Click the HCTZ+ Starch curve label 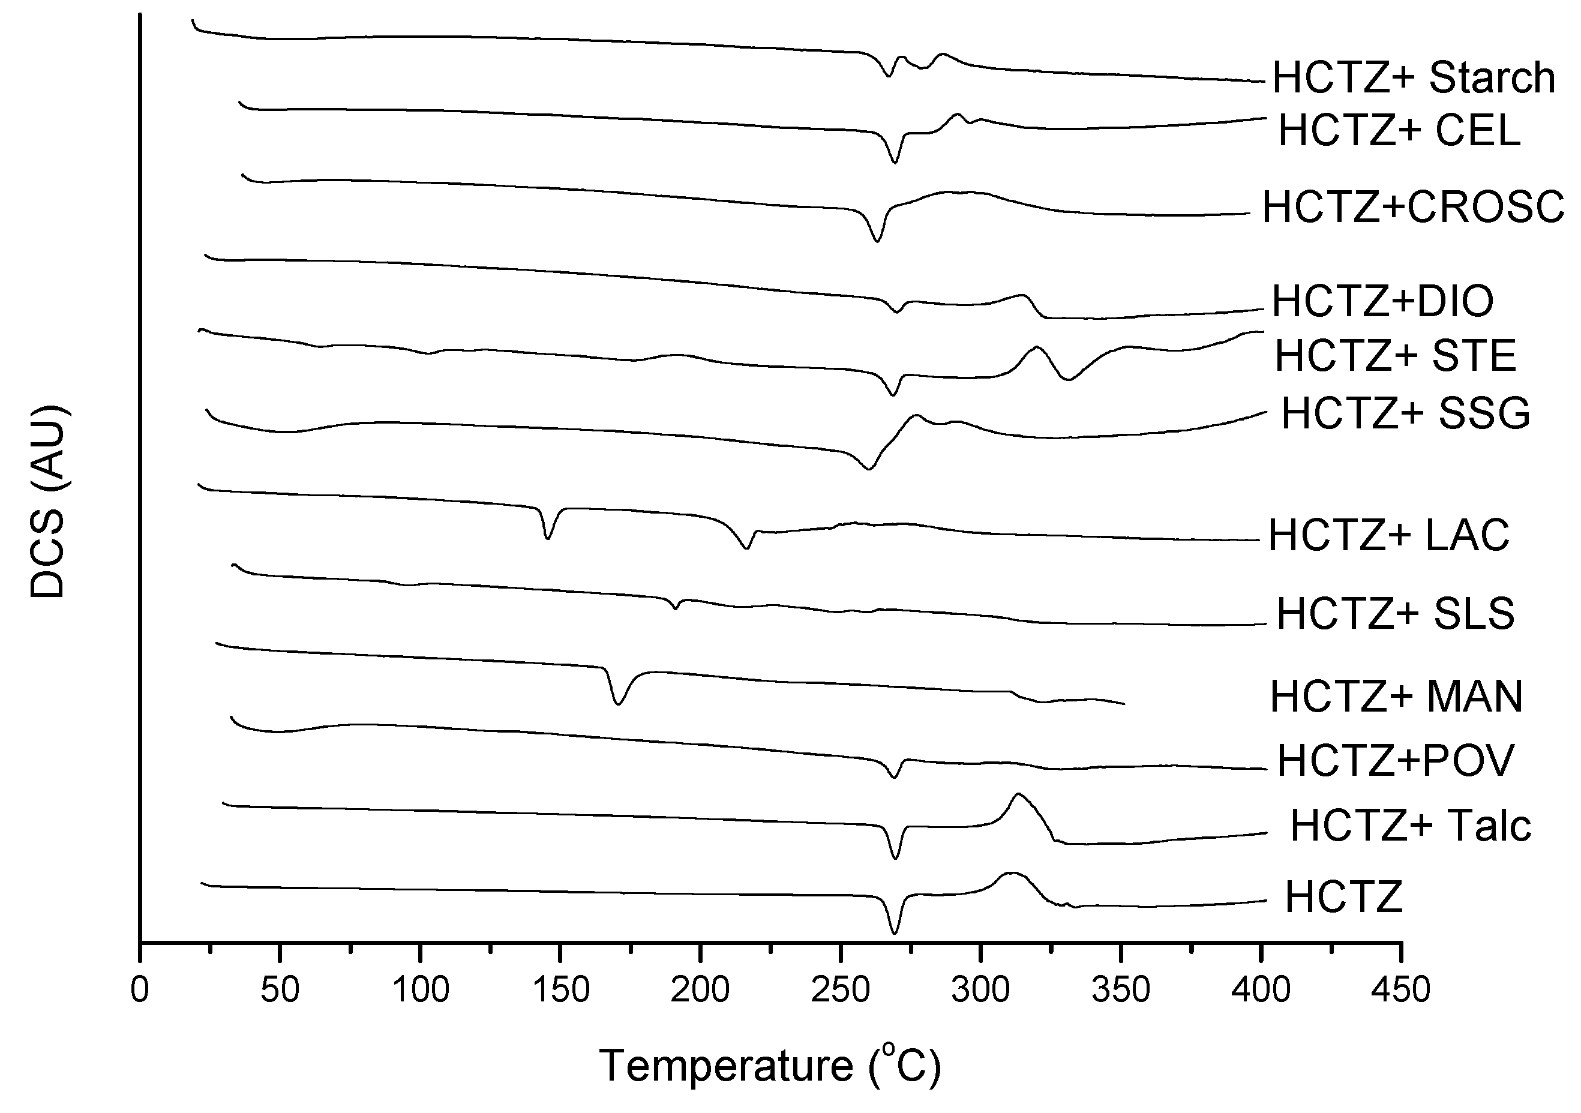click(x=1413, y=78)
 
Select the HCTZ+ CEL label click(x=1399, y=130)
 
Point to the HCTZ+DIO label click(x=1382, y=301)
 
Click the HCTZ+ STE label click(x=1395, y=355)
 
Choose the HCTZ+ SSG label click(x=1405, y=414)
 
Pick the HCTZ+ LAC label click(x=1389, y=535)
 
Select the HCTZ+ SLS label click(x=1395, y=614)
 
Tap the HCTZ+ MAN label click(x=1396, y=697)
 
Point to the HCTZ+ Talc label click(x=1410, y=825)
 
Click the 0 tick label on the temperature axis click(x=140, y=991)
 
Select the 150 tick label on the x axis click(x=560, y=991)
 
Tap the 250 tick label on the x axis click(x=841, y=991)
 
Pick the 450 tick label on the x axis click(x=1400, y=991)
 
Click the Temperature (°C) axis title click(x=769, y=1066)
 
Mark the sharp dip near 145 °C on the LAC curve click(x=547, y=537)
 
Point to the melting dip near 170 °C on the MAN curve click(x=617, y=703)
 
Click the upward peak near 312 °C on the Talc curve click(x=1018, y=795)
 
